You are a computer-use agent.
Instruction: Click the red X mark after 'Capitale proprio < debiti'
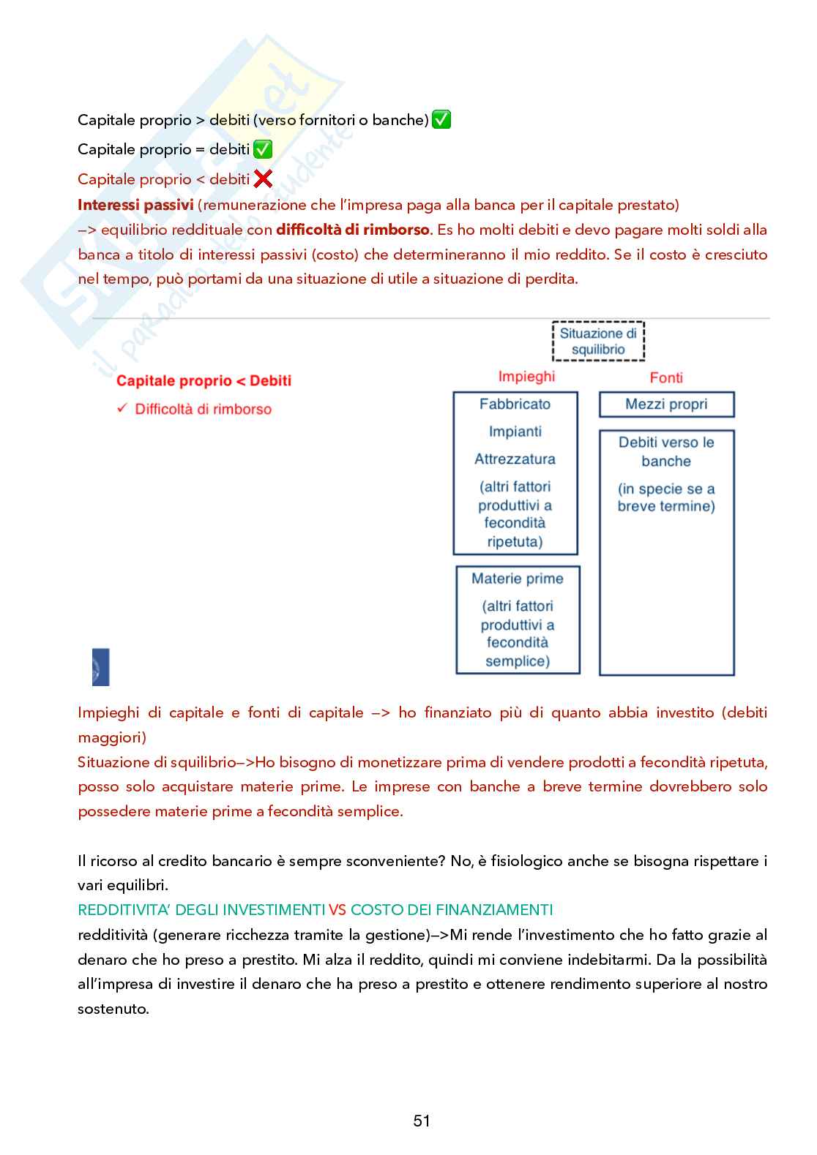pos(263,178)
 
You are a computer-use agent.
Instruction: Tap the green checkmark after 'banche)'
pos(441,119)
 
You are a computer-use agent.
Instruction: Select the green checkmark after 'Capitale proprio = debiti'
pos(262,149)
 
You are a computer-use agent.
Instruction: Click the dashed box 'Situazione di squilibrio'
pos(598,342)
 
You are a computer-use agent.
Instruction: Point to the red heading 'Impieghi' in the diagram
pos(526,377)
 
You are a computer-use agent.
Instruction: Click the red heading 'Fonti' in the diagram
pos(666,377)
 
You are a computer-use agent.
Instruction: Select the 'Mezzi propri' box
pos(666,405)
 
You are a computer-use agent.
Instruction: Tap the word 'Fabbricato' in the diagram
pos(515,404)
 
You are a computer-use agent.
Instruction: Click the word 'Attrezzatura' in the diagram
pos(515,459)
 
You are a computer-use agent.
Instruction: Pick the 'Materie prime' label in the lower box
pos(518,579)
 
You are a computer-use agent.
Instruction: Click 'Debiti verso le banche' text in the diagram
pos(666,451)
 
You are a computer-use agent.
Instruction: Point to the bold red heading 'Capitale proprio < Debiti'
pos(204,380)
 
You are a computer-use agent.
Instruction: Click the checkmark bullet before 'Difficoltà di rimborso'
pos(122,408)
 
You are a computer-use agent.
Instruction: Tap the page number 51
pos(422,1121)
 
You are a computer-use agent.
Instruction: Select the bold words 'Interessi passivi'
pos(135,205)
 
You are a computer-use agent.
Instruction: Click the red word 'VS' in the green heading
pos(337,910)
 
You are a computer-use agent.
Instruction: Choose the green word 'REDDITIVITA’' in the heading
pos(124,910)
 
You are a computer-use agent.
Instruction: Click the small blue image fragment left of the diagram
pos(100,667)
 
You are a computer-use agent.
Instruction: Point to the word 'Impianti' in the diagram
pos(515,432)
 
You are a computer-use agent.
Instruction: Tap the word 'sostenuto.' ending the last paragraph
pos(113,1009)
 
